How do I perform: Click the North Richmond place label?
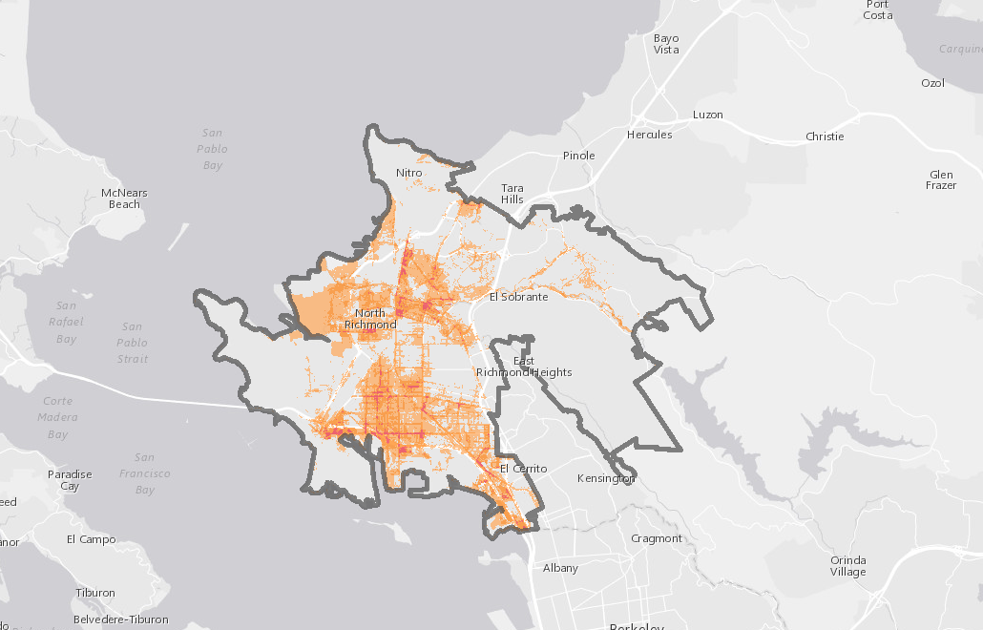[x=369, y=319]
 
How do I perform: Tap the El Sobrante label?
[x=518, y=297]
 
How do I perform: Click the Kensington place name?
[x=606, y=478]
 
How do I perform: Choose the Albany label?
[x=560, y=568]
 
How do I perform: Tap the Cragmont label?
[x=657, y=538]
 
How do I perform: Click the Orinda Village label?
[x=847, y=565]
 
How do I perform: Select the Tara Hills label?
[x=512, y=193]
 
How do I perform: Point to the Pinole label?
[x=578, y=156]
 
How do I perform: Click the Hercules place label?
[x=649, y=135]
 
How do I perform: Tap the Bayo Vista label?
[x=666, y=44]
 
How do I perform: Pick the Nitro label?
[x=408, y=173]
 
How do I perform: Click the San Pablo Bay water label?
[x=212, y=149]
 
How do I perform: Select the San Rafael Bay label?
[x=66, y=322]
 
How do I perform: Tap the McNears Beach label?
[x=124, y=199]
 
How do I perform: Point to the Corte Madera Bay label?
[x=57, y=417]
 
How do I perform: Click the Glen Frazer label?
[x=941, y=179]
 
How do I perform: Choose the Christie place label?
[x=825, y=136]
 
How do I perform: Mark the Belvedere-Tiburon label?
[x=120, y=619]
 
